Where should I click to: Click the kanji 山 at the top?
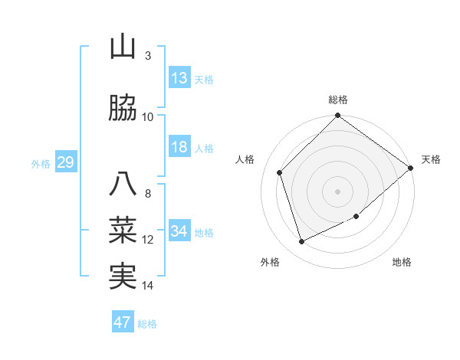tap(123, 47)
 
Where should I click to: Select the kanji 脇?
tap(123, 109)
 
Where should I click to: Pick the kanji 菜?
tap(123, 231)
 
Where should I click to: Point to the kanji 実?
tap(123, 277)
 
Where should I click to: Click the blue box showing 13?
tap(179, 78)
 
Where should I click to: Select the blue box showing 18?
tap(179, 147)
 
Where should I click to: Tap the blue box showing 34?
tap(179, 231)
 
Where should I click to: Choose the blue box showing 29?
tap(65, 162)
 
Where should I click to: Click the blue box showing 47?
tap(123, 322)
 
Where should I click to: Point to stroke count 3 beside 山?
tap(148, 56)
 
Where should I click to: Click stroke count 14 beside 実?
tap(148, 286)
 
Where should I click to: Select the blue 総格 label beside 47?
tap(147, 324)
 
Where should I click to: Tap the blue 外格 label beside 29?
tap(41, 163)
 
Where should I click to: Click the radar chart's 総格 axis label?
tap(338, 100)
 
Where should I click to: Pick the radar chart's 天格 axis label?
tap(432, 159)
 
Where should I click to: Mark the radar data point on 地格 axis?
tap(356, 217)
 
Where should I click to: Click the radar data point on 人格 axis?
tap(280, 172)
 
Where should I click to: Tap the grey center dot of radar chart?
tap(338, 191)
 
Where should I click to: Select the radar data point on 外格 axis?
tap(302, 241)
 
